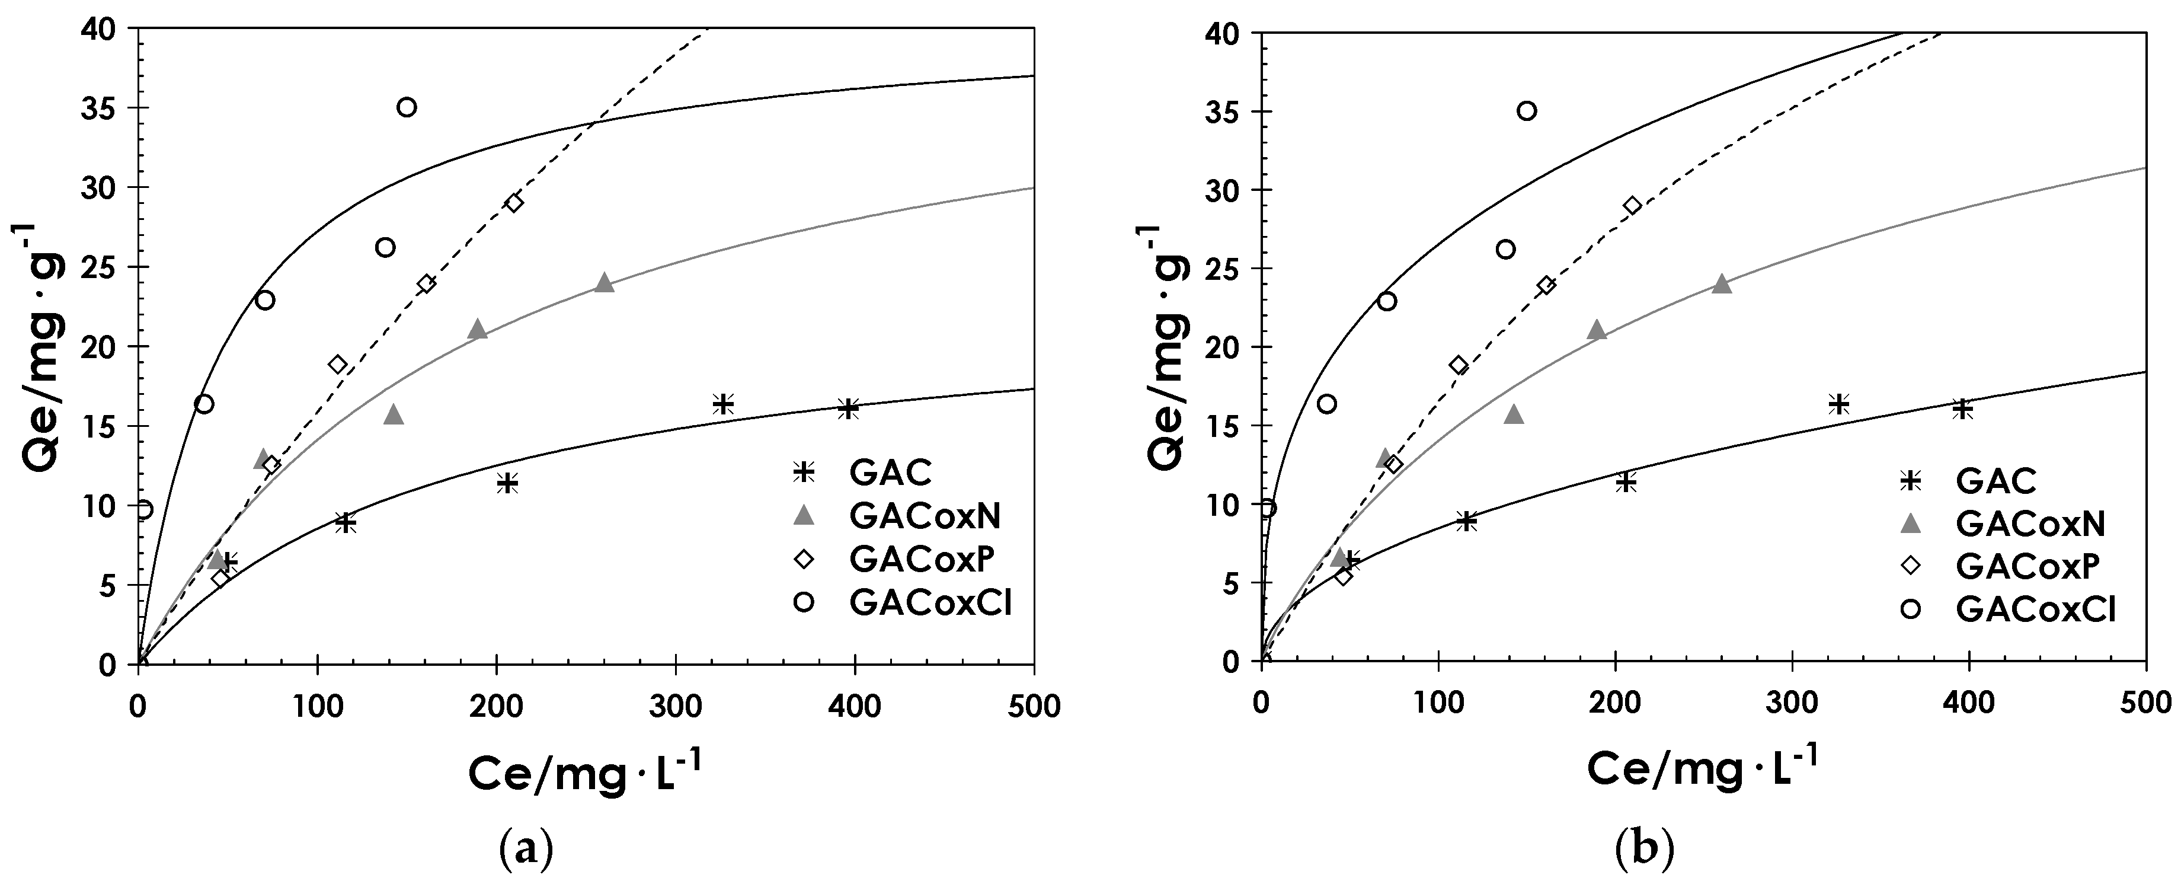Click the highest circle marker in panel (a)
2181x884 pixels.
click(x=407, y=107)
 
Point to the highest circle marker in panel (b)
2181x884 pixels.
click(x=1527, y=111)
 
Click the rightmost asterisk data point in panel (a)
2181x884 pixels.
click(x=848, y=408)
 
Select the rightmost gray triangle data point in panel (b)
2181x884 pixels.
click(x=1721, y=283)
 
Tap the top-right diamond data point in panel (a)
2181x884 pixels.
click(x=514, y=202)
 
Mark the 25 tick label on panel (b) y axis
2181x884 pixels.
click(x=1223, y=269)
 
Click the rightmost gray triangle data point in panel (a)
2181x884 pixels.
click(x=604, y=283)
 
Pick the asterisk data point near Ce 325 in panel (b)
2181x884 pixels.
click(x=1838, y=404)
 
